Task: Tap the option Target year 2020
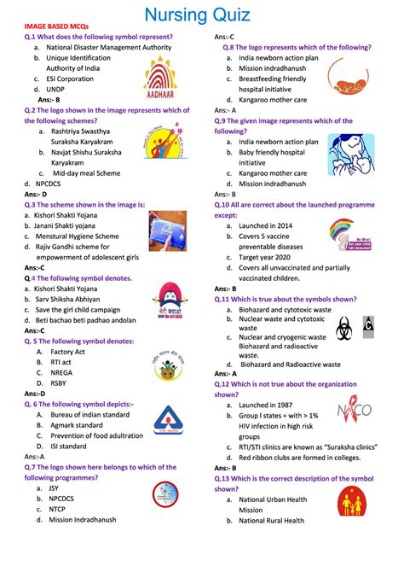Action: coord(272,256)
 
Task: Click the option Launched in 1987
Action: coord(271,404)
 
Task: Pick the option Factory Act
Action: coord(67,351)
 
